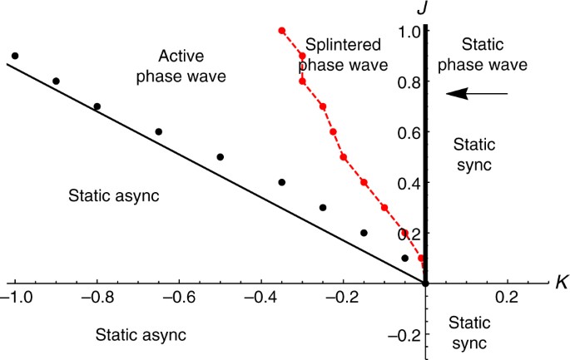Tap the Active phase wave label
click(x=192, y=66)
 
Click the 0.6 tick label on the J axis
click(x=407, y=132)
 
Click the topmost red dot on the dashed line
click(x=282, y=31)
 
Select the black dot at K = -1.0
click(x=15, y=56)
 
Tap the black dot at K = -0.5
click(x=221, y=157)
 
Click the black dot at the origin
click(x=425, y=284)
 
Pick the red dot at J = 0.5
click(x=344, y=157)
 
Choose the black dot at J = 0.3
click(x=323, y=208)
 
